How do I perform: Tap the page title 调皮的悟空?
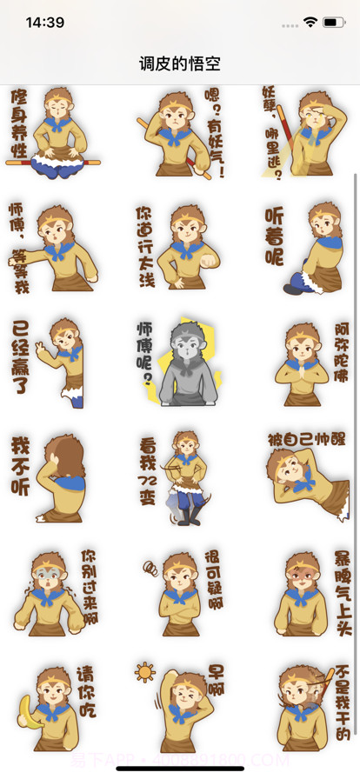[x=180, y=63]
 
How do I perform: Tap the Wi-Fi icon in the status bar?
[x=310, y=21]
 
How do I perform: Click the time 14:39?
[x=44, y=22]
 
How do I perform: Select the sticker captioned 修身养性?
[x=54, y=133]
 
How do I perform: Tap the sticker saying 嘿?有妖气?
[x=180, y=133]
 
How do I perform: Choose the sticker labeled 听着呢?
[x=305, y=248]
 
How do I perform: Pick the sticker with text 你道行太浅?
[x=180, y=248]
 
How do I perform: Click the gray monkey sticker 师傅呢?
[x=180, y=363]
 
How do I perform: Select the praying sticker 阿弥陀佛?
[x=305, y=363]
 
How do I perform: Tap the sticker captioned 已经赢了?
[x=54, y=363]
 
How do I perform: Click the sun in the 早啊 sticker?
[x=144, y=673]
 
